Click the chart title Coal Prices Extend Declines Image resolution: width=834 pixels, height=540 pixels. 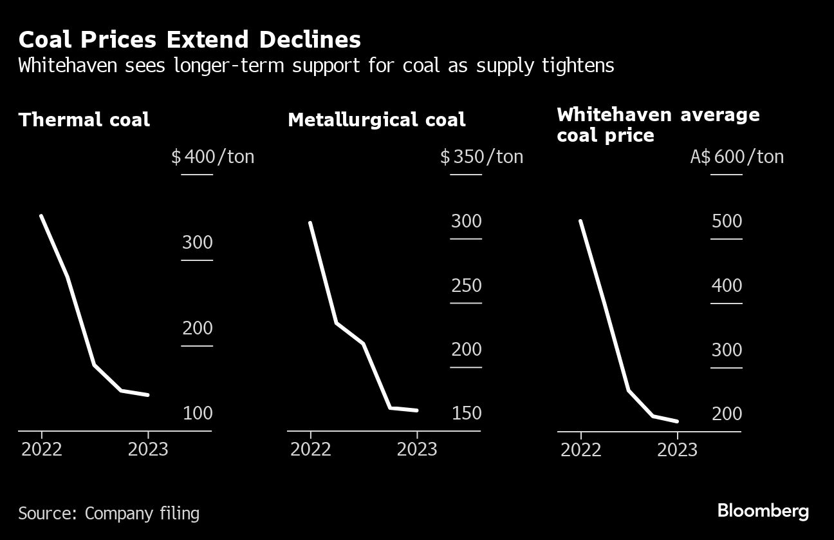click(189, 40)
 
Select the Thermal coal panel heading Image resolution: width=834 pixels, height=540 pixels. click(84, 120)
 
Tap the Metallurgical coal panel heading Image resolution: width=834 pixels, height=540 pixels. click(376, 120)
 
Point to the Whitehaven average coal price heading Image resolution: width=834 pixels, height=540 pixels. click(658, 125)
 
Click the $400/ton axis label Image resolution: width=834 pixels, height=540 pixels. click(212, 157)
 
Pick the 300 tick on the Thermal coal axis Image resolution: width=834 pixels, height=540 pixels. click(197, 243)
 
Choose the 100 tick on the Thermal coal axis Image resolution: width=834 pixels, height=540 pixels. click(197, 413)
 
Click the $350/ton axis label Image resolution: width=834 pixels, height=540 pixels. click(481, 157)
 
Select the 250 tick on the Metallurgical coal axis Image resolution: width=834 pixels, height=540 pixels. click(466, 285)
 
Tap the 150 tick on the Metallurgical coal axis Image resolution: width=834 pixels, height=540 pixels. click(466, 413)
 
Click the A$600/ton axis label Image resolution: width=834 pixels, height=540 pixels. click(737, 157)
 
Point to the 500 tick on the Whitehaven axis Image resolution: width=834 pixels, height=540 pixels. click(727, 221)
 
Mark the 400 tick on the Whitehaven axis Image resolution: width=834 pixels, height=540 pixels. click(727, 285)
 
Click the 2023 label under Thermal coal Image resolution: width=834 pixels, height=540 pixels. click(148, 449)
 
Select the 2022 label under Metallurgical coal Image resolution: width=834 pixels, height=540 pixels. click(311, 449)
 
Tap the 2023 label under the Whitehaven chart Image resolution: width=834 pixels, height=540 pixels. click(677, 449)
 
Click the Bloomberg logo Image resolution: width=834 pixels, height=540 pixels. click(763, 512)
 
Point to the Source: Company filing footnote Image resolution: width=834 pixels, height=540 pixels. click(109, 514)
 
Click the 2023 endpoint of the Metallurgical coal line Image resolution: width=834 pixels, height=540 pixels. click(417, 410)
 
